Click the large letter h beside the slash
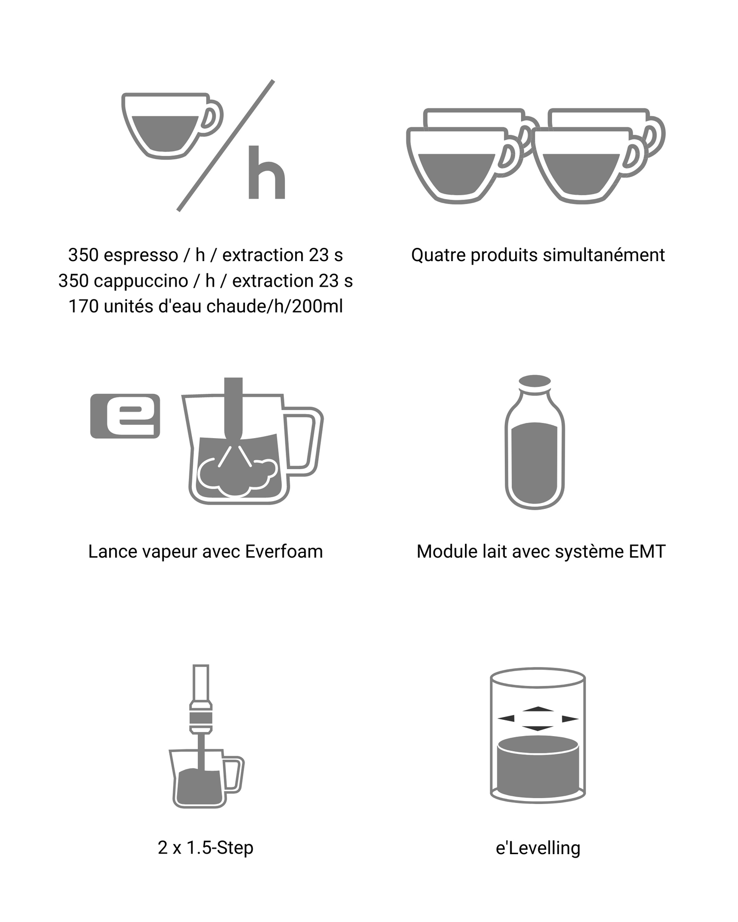(267, 172)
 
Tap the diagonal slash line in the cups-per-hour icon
(225, 146)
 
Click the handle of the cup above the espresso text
(212, 118)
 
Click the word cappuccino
(141, 281)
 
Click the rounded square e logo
(125, 416)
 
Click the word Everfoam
(284, 552)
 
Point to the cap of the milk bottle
(535, 382)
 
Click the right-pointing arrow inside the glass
(570, 719)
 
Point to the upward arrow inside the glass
(538, 709)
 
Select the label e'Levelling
(538, 848)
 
